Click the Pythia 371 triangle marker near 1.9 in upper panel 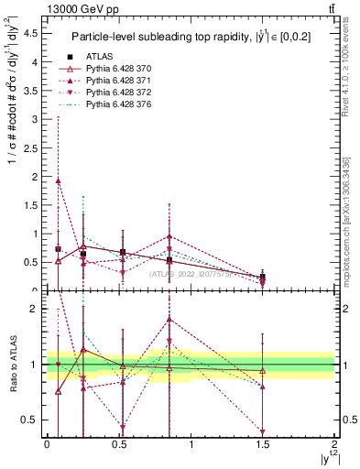(59, 180)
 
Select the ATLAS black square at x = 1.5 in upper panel (263, 277)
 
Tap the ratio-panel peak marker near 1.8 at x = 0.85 (169, 320)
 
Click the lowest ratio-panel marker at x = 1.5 (263, 431)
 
